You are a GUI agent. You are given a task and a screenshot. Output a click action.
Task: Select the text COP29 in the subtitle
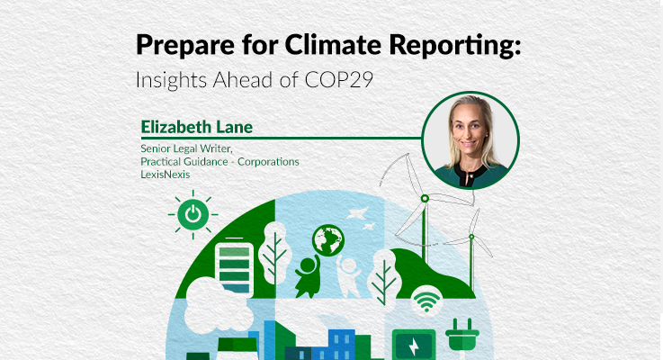pos(338,79)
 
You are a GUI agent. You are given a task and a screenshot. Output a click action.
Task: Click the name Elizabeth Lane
pos(197,127)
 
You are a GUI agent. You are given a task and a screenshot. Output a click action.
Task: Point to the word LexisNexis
pos(166,175)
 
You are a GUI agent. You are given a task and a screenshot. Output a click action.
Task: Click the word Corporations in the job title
pos(268,162)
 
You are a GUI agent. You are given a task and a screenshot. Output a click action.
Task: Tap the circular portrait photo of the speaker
pos(470,140)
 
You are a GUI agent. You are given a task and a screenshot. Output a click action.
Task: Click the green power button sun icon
pos(193,214)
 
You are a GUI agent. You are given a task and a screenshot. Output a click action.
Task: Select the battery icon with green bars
pos(234,268)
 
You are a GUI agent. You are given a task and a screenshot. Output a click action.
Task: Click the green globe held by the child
pos(328,240)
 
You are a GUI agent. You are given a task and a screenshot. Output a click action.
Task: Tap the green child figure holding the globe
pos(308,276)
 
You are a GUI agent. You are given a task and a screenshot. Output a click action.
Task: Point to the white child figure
pos(349,275)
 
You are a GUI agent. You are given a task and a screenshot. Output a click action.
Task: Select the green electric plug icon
pos(462,335)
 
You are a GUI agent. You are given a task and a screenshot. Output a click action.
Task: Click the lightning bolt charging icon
pos(414,346)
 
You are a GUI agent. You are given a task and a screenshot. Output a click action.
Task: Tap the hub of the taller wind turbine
pos(425,198)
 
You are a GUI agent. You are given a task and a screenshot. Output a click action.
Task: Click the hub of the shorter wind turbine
pos(471,237)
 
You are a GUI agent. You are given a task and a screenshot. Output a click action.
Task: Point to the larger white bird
pos(357,212)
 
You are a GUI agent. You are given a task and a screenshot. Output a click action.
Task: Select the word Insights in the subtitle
pos(171,80)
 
